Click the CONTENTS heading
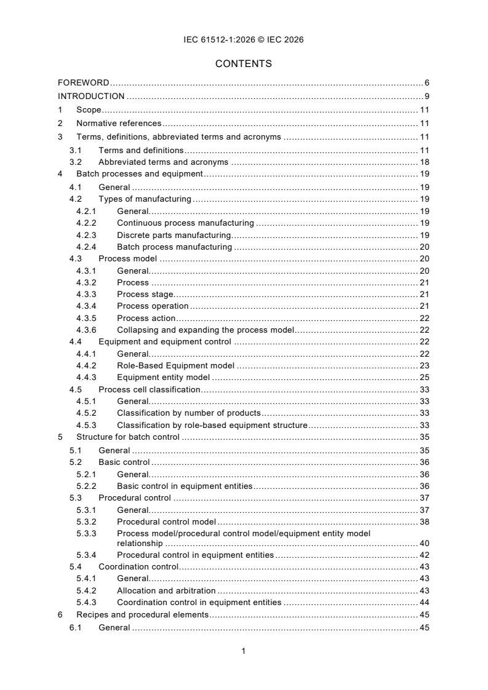pos(244,63)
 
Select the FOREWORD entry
pos(84,82)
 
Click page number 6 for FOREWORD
pos(426,82)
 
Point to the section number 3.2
pos(76,162)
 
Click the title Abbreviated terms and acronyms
pos(163,162)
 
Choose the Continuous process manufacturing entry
pos(185,223)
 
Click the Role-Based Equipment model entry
pos(175,365)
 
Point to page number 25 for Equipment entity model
pos(424,377)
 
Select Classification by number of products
pos(189,413)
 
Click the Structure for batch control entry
pos(128,437)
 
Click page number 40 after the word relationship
pos(424,544)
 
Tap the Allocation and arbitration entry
pos(166,590)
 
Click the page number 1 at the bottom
pos(244,651)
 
